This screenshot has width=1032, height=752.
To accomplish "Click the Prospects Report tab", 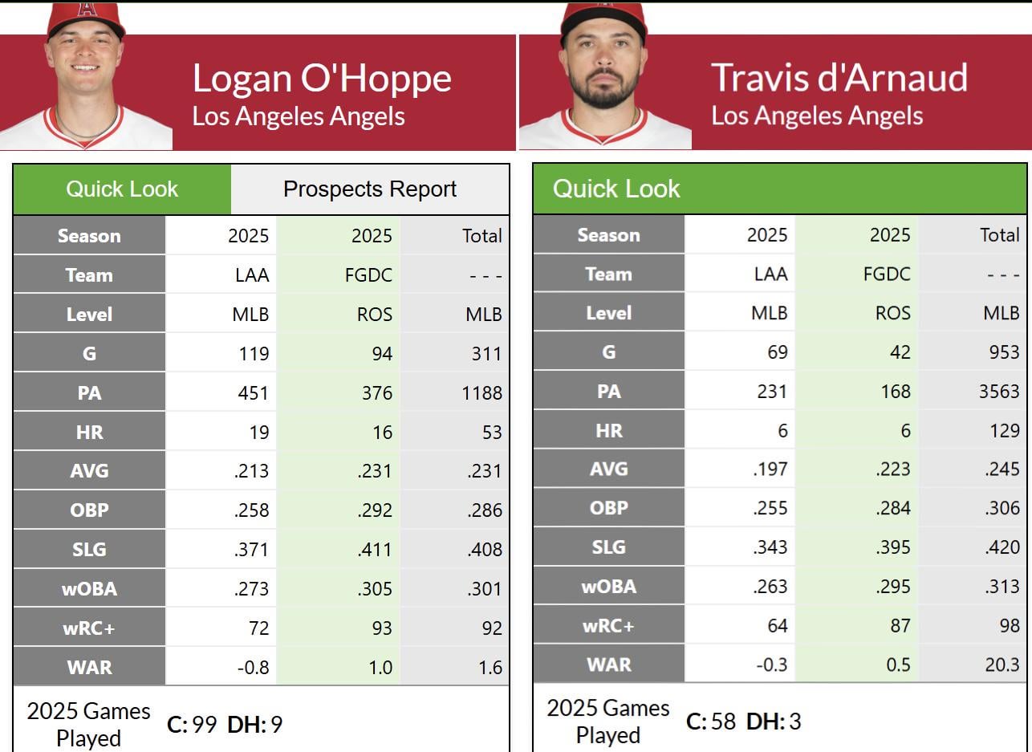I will (x=370, y=189).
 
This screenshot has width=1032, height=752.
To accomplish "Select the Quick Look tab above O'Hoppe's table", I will (x=122, y=189).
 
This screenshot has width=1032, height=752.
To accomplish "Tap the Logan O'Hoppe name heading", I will (x=322, y=79).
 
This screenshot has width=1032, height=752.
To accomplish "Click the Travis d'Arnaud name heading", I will (x=839, y=77).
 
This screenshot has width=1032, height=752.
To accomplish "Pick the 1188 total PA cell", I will (x=481, y=393).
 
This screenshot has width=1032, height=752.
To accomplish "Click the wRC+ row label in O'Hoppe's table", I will (x=89, y=628).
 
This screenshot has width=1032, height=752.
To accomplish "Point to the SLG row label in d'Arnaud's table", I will (x=608, y=547).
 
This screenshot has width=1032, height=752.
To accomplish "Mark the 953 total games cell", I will (x=1004, y=352).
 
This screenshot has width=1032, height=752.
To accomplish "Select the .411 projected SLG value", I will (x=374, y=550).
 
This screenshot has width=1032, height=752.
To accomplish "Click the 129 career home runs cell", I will (x=1003, y=430).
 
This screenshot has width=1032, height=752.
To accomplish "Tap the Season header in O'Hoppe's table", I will (x=89, y=236).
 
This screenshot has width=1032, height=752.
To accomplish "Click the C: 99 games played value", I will (x=192, y=725).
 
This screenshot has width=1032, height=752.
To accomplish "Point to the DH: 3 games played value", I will (x=774, y=722).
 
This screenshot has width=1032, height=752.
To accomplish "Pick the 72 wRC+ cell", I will (x=258, y=628).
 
